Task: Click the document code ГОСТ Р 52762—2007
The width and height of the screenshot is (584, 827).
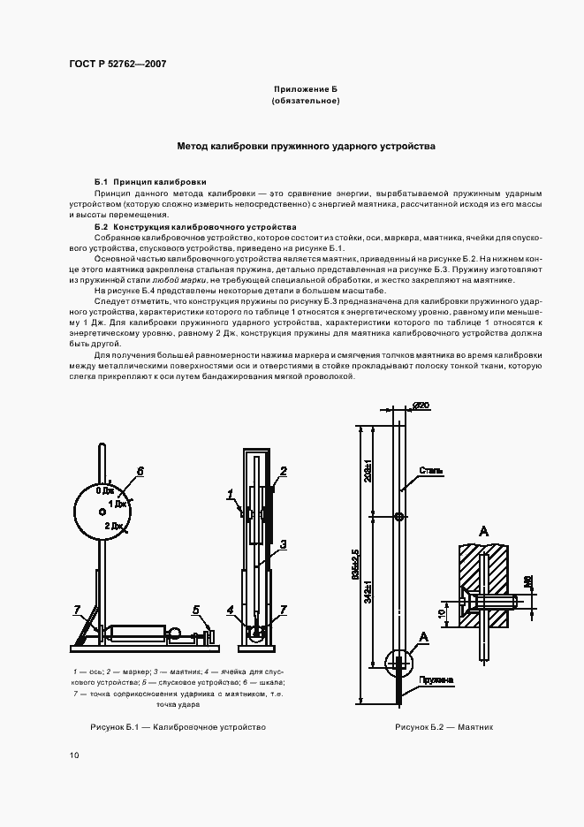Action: (117, 64)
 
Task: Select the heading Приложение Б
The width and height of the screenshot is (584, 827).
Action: (305, 90)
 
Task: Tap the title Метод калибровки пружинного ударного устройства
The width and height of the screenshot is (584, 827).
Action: (306, 147)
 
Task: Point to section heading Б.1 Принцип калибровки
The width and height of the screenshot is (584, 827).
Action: (150, 181)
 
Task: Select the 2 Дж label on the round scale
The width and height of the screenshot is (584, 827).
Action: (113, 526)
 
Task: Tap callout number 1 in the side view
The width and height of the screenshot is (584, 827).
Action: (229, 492)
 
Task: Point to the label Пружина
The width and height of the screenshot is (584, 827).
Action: (438, 679)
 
